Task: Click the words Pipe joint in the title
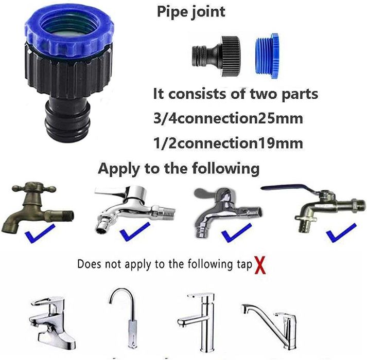pyautogui.click(x=191, y=12)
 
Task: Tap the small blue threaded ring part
pyautogui.click(x=266, y=56)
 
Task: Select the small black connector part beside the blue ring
pyautogui.click(x=216, y=56)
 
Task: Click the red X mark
pyautogui.click(x=260, y=265)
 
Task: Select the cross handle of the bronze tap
pyautogui.click(x=33, y=187)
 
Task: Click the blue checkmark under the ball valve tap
pyautogui.click(x=341, y=233)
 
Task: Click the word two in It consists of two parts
pyautogui.click(x=264, y=94)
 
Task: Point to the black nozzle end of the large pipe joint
pyautogui.click(x=67, y=122)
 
